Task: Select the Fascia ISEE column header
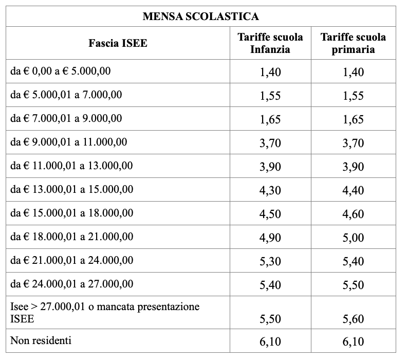click(x=118, y=43)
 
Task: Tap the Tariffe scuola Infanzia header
click(x=270, y=43)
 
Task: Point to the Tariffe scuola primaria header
click(x=353, y=43)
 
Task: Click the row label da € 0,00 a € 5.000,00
click(x=61, y=71)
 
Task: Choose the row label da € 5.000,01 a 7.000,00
click(x=66, y=95)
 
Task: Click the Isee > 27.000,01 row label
click(x=105, y=313)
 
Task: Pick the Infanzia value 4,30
click(x=270, y=190)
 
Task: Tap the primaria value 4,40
click(x=353, y=190)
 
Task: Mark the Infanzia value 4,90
click(x=270, y=238)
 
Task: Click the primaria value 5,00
click(x=353, y=238)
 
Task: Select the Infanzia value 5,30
click(x=270, y=261)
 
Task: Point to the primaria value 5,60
click(x=353, y=319)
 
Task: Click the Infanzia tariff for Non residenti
click(x=270, y=342)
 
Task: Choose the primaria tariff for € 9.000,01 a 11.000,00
click(x=353, y=143)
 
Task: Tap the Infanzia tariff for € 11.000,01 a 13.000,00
click(x=270, y=167)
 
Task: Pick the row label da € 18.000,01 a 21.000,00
click(x=72, y=237)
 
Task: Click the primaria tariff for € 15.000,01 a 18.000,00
click(x=353, y=214)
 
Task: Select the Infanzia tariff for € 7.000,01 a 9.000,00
click(x=270, y=119)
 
